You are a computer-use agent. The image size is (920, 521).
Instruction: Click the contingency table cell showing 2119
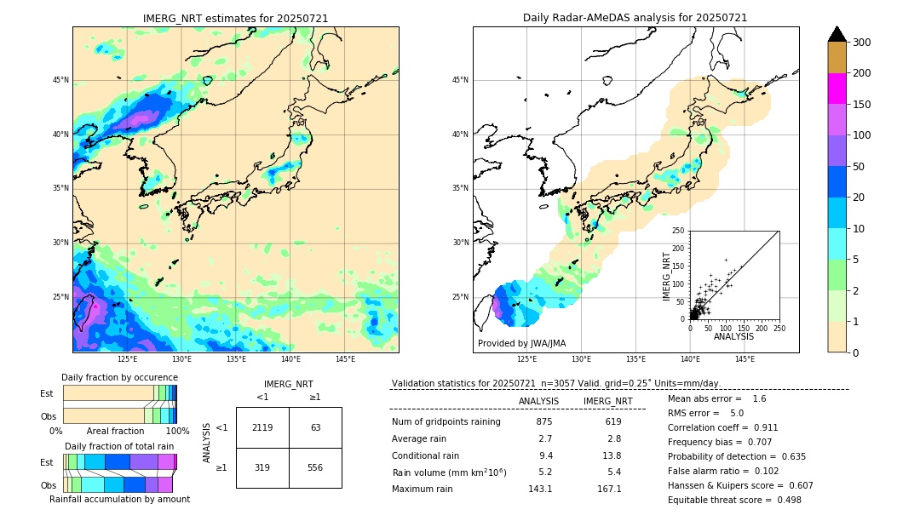point(262,427)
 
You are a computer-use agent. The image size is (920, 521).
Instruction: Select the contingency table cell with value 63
point(315,427)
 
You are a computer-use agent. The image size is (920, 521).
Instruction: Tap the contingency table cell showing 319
point(262,467)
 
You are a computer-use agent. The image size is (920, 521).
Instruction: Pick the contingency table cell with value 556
point(315,467)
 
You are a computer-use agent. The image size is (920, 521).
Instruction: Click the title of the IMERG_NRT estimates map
point(235,18)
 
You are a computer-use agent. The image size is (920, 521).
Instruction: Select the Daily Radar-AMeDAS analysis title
point(635,18)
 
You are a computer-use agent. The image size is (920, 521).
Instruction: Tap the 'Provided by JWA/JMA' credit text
point(521,343)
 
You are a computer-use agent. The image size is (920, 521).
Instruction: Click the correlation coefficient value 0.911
point(759,427)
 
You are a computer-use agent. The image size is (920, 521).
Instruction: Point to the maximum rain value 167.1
point(608,489)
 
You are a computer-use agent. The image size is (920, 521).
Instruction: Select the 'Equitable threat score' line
point(734,500)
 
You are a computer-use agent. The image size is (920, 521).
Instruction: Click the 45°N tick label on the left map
point(60,80)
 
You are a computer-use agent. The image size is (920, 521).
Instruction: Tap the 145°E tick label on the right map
point(745,359)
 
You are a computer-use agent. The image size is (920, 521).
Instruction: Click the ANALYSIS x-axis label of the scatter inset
point(734,337)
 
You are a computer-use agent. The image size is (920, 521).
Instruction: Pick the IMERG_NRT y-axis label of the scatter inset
point(668,275)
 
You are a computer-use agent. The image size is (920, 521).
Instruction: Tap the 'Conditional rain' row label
point(427,455)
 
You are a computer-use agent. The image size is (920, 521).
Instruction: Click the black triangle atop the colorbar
point(837,34)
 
